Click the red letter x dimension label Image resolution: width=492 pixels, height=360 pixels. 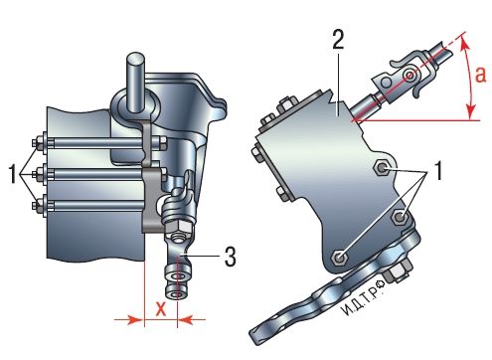click(161, 309)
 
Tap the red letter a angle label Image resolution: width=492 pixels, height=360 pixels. click(480, 75)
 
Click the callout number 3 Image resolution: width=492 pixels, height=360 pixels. click(230, 257)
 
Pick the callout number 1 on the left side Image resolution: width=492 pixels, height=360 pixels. click(13, 174)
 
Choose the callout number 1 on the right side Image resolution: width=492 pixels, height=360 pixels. click(438, 171)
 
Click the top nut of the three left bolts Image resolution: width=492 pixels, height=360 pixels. click(37, 143)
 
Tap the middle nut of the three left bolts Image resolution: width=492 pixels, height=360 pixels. click(37, 174)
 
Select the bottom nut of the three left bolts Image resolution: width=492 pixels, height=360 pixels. click(37, 205)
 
